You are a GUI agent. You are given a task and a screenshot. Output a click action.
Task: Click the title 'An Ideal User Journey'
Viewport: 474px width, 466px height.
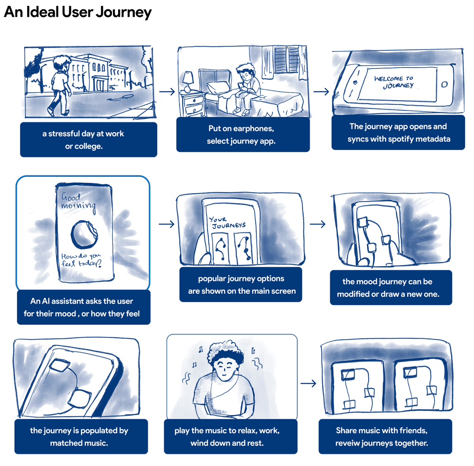click(78, 12)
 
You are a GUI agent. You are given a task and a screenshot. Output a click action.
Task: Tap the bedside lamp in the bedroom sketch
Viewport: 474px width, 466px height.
click(188, 81)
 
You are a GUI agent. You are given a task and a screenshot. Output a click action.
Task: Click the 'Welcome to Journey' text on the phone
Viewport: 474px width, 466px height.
click(394, 82)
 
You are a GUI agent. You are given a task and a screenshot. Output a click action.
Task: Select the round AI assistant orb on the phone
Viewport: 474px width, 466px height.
click(84, 234)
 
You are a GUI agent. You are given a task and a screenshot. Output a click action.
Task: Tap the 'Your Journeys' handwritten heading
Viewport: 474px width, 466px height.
click(227, 223)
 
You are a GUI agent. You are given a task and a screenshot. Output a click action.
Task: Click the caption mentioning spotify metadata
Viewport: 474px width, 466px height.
click(398, 132)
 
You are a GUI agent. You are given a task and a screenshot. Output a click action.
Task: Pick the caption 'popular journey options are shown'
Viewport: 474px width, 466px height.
click(241, 285)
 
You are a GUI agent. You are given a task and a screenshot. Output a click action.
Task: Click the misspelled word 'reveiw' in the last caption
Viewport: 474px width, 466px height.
click(347, 443)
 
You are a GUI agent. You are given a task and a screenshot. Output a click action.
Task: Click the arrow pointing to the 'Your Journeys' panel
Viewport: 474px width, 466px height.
click(167, 224)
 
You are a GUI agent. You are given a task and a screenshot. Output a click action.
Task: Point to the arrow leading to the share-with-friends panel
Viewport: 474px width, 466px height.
click(308, 383)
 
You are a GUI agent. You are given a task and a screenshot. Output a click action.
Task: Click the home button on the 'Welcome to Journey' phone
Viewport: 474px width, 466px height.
click(444, 84)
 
